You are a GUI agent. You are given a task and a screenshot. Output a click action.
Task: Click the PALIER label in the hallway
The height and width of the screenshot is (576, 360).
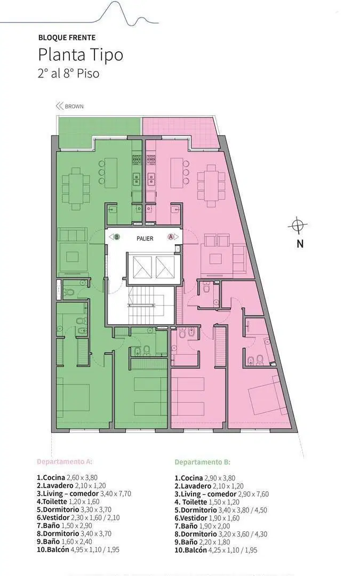(x=145, y=238)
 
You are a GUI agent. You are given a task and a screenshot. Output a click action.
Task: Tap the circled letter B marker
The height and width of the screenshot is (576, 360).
(x=117, y=237)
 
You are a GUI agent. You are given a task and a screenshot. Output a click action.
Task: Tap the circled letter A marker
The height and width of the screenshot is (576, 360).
(x=171, y=237)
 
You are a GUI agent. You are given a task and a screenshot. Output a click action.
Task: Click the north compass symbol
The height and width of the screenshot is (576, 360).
(x=298, y=225)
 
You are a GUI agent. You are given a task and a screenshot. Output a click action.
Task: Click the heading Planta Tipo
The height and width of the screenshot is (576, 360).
(x=81, y=55)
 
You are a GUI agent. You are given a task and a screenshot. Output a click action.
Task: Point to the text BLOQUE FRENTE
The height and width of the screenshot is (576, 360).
(x=67, y=37)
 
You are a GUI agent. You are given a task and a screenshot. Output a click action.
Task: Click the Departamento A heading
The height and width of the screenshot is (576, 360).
(x=65, y=461)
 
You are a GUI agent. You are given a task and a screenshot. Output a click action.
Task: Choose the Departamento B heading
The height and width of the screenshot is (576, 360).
(x=203, y=462)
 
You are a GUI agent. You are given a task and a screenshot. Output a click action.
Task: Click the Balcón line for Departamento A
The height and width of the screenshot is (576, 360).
(x=78, y=549)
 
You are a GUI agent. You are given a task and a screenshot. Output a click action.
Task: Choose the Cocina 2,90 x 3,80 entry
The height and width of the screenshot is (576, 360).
(x=205, y=478)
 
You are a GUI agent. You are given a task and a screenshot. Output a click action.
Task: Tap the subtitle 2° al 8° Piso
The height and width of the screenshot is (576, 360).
(x=68, y=73)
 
